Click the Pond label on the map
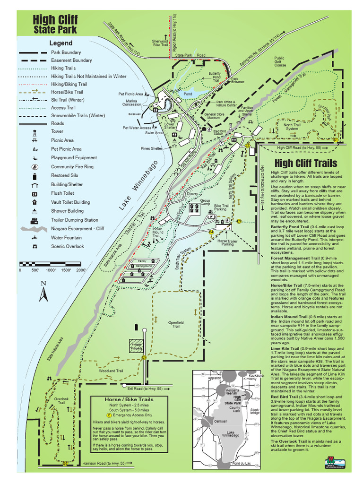(188, 94)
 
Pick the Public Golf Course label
(280, 62)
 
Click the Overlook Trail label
(61, 401)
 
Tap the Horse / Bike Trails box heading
(129, 399)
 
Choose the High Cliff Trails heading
(306, 164)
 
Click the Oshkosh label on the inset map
(221, 421)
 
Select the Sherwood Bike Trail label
(160, 43)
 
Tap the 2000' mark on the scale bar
(81, 270)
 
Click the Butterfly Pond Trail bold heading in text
(289, 227)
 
